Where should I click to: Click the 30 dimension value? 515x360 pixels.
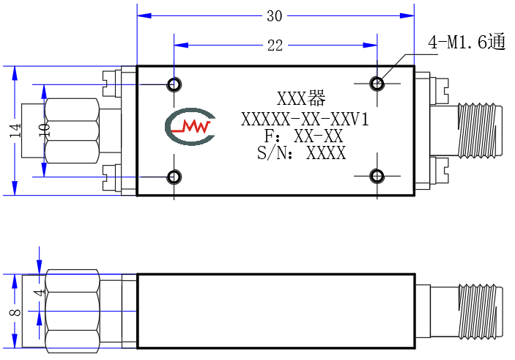click(274, 16)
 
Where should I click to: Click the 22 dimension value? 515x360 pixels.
click(275, 45)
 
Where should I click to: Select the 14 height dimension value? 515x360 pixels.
click(15, 131)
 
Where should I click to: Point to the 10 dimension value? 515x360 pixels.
click(45, 131)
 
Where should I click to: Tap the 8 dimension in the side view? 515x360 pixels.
click(15, 312)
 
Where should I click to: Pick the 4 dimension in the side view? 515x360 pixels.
click(40, 293)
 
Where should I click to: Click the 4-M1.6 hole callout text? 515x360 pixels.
click(467, 42)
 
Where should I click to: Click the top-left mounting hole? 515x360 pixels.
click(174, 84)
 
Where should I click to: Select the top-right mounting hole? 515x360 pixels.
click(377, 83)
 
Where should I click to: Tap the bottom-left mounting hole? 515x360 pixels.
click(174, 177)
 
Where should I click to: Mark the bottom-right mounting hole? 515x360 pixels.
click(377, 176)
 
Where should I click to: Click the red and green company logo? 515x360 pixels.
click(190, 126)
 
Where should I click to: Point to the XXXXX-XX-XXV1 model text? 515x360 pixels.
click(305, 120)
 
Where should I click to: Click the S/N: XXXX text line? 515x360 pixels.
click(302, 153)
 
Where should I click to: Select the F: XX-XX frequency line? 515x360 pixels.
click(303, 136)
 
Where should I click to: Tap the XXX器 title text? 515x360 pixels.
click(301, 98)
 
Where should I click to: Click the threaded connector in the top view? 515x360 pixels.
click(480, 130)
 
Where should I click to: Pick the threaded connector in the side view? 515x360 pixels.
click(480, 312)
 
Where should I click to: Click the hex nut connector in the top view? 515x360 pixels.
click(72, 131)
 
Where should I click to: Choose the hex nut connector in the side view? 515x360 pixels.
click(72, 312)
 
